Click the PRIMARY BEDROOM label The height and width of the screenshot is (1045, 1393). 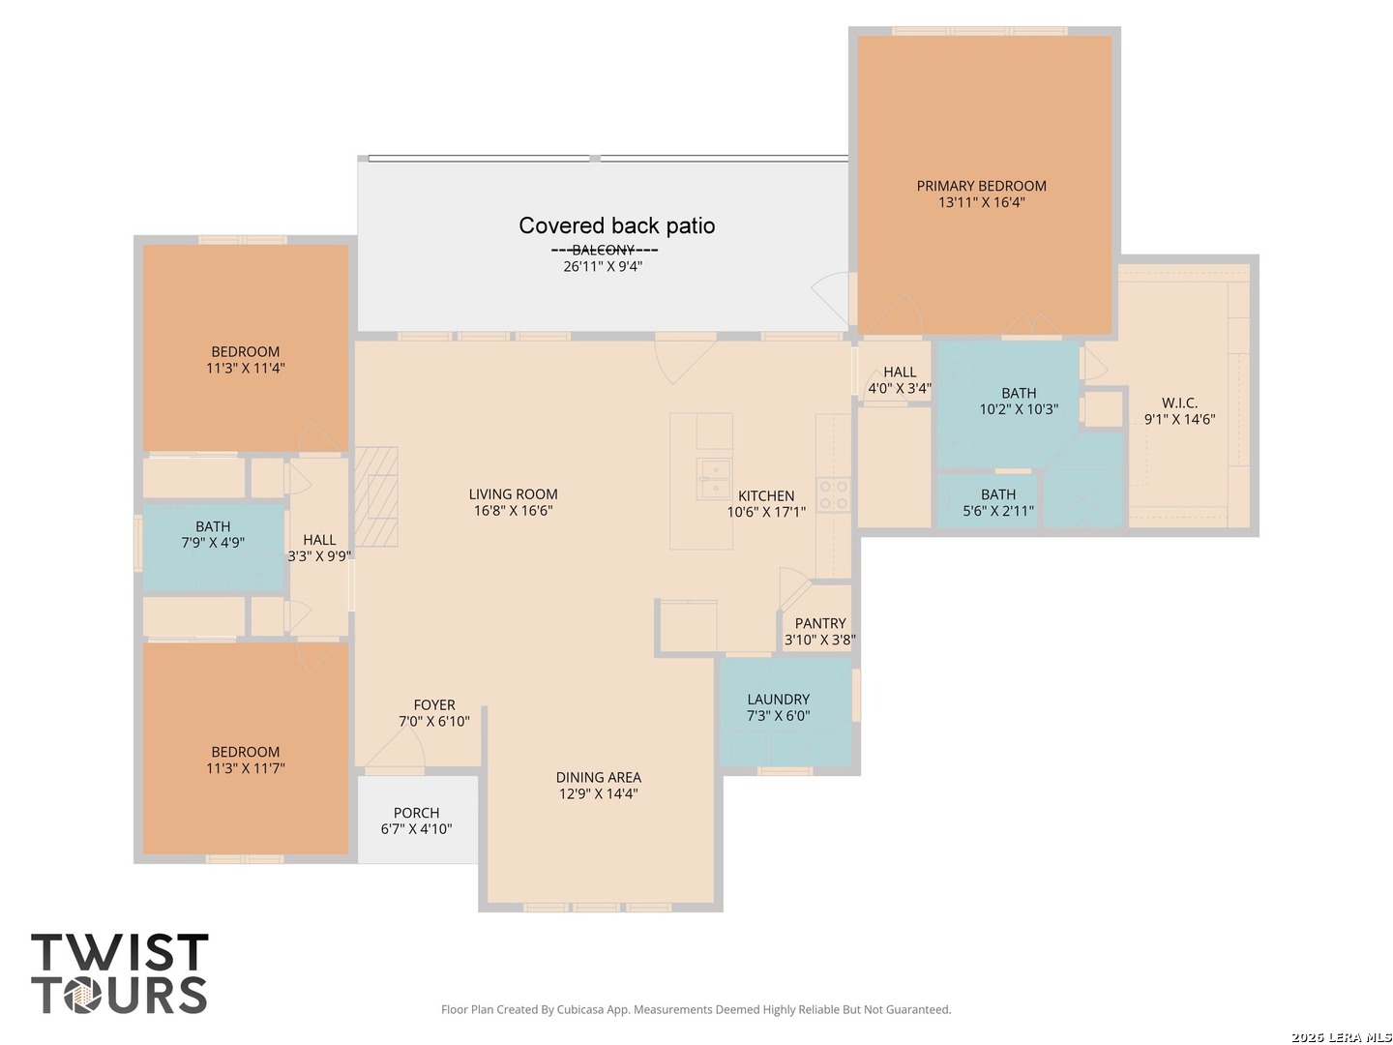click(981, 186)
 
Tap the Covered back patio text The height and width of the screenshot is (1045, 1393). click(616, 225)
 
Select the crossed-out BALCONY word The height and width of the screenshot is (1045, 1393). click(603, 250)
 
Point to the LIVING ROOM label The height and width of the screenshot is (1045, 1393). click(513, 494)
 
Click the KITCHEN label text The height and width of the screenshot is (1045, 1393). click(765, 495)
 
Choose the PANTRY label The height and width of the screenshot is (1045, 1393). click(820, 623)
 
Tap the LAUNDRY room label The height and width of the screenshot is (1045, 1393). click(778, 700)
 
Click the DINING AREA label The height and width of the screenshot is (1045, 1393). click(598, 777)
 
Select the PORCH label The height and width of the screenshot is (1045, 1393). click(416, 813)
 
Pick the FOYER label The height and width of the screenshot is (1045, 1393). click(434, 705)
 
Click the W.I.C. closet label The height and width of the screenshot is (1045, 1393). click(1179, 403)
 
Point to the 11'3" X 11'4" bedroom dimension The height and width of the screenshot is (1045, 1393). click(245, 368)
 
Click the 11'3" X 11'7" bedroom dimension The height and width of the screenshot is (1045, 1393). click(245, 768)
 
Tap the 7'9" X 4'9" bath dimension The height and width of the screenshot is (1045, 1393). click(213, 543)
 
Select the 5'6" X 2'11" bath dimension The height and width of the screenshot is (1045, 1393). click(997, 511)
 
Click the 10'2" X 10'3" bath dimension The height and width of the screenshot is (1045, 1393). click(1019, 409)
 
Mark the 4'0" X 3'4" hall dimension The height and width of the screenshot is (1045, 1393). click(900, 388)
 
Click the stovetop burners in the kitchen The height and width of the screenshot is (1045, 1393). click(833, 494)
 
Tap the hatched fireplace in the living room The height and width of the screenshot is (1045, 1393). click(375, 496)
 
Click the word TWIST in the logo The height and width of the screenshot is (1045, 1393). click(119, 952)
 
